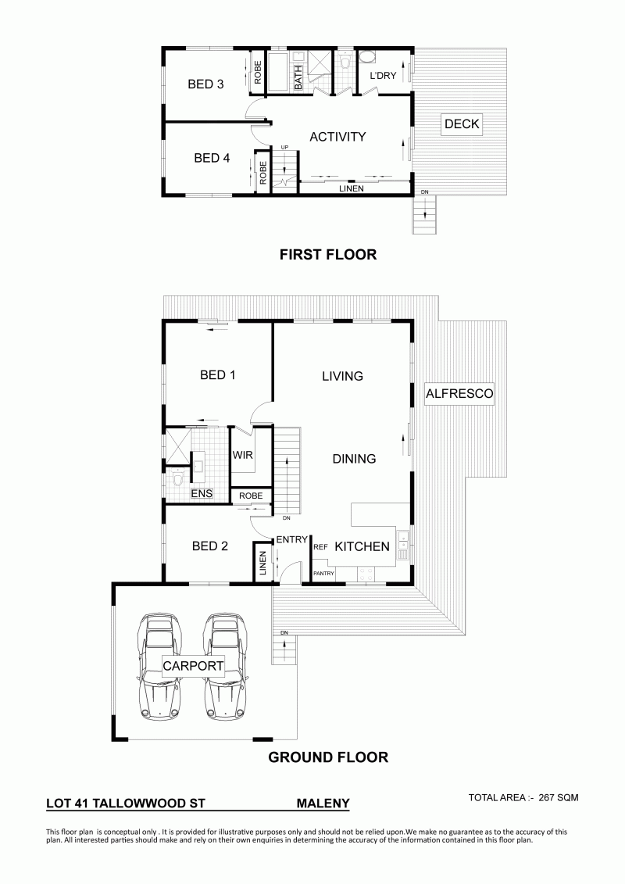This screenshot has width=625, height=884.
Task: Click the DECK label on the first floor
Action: click(x=462, y=124)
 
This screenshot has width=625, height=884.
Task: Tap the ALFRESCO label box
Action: click(x=459, y=393)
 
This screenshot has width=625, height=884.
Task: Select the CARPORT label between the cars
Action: click(x=193, y=666)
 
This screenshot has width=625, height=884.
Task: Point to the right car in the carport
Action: click(x=226, y=666)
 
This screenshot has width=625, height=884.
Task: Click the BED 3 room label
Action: click(x=205, y=84)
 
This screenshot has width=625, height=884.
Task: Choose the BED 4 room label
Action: click(x=212, y=159)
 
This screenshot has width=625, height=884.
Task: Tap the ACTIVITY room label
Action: click(x=337, y=137)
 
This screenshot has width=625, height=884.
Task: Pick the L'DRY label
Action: click(x=384, y=76)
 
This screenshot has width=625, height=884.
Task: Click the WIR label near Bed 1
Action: click(x=243, y=455)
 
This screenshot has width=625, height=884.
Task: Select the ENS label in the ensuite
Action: click(x=202, y=493)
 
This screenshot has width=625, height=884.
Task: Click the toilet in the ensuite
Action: click(x=178, y=478)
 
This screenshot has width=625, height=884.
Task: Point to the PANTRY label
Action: click(x=324, y=574)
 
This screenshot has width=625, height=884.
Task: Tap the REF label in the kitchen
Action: click(x=320, y=547)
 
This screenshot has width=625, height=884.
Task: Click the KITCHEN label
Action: click(x=362, y=546)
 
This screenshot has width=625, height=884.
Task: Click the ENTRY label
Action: click(x=292, y=539)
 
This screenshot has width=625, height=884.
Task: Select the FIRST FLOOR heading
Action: click(x=328, y=255)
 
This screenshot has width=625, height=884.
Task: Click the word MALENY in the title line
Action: click(x=323, y=803)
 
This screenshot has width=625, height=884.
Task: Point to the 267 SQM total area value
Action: click(x=559, y=797)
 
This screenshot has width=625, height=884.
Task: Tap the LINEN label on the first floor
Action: click(x=351, y=189)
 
